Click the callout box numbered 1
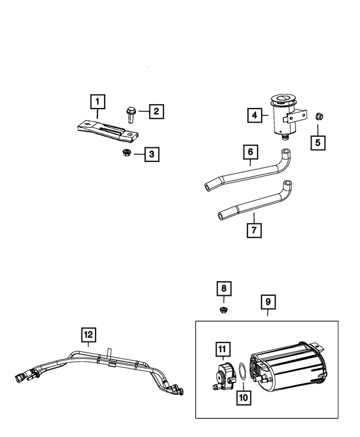[x=97, y=102]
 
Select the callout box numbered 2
[x=156, y=111]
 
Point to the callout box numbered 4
[x=255, y=115]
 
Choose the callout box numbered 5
[x=318, y=142]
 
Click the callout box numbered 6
[x=251, y=152]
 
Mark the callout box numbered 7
[x=254, y=230]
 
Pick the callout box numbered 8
[x=224, y=289]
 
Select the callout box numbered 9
[x=268, y=301]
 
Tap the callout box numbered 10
[x=242, y=397]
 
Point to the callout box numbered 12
[x=88, y=335]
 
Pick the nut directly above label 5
[x=318, y=116]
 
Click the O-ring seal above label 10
[x=240, y=371]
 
